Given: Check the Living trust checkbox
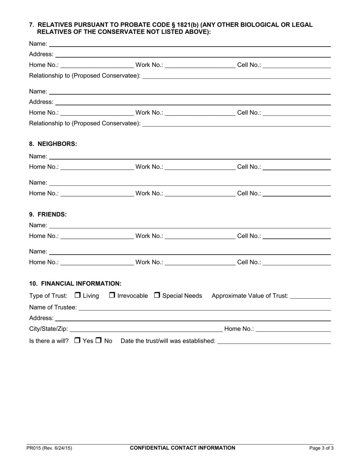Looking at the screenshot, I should pos(78,295).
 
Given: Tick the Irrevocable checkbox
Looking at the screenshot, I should pos(112,295).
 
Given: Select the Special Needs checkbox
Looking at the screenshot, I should pos(157,295).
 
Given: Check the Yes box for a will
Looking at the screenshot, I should pos(77,341).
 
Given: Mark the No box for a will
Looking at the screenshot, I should pos(99,341).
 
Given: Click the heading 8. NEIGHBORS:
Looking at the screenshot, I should pos(53,144).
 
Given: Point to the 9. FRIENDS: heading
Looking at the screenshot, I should pos(48,214).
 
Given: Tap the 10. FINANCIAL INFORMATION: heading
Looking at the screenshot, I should pos(75,283).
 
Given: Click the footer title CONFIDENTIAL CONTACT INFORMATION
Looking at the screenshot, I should pos(183,448).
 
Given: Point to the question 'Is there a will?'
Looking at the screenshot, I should pos(49,341).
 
